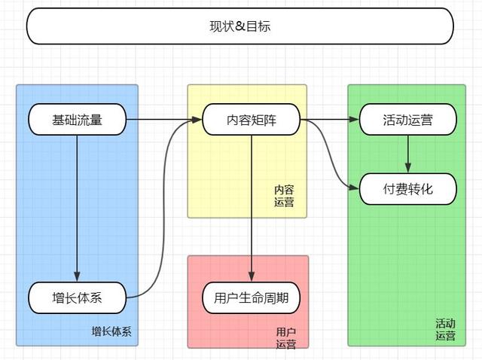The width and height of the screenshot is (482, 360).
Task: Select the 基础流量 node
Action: tap(77, 120)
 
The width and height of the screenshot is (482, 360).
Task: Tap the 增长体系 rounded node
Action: tap(77, 298)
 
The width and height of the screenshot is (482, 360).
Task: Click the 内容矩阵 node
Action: tap(252, 120)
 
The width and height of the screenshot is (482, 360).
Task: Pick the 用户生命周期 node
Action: tap(252, 298)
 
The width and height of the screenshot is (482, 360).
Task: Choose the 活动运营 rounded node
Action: tap(408, 120)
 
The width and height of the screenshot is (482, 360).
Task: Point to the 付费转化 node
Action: tap(408, 189)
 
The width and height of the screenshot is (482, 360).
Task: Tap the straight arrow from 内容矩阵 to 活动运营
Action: tap(330, 120)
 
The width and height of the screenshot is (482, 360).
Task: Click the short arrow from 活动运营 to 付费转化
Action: tap(408, 154)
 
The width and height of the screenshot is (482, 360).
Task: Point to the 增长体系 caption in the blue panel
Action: tap(111, 331)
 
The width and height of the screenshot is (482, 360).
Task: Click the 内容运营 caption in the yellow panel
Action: tap(284, 197)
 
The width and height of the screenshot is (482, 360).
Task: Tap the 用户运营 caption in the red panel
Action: tap(285, 338)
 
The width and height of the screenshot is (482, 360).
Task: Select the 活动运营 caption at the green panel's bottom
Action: tap(445, 330)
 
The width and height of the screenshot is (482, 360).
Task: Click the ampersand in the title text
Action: tap(240, 26)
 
